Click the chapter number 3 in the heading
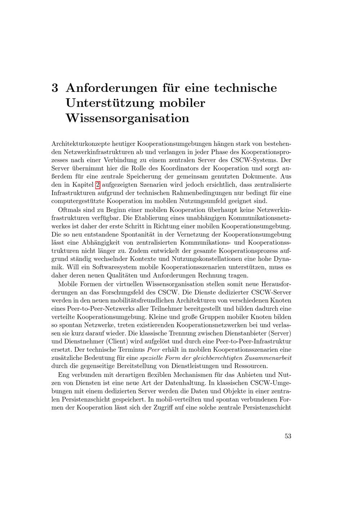[55, 88]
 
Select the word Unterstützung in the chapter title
[108, 103]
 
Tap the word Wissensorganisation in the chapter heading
[127, 118]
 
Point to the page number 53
[288, 436]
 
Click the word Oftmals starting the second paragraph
[69, 210]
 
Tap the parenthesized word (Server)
[280, 333]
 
